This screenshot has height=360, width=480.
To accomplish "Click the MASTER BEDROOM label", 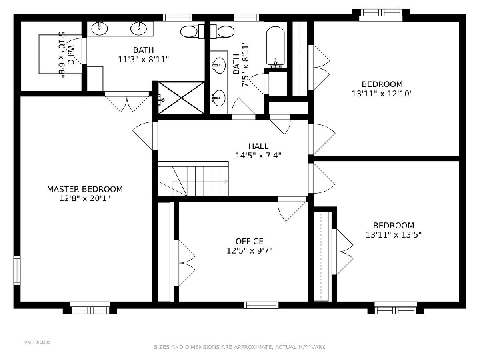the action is point(85,189).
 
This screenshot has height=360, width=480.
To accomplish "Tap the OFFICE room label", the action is point(249,241).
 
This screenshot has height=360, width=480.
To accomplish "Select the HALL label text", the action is point(258,146).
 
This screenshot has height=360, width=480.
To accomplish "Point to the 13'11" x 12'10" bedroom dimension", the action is point(382,94).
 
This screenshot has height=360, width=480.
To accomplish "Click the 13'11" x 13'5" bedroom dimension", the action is point(394,235).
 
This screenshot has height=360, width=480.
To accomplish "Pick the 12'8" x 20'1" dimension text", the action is point(85,198).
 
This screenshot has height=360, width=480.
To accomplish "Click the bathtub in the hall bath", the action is point(276,47).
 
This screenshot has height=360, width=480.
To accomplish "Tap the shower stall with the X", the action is point(181,98).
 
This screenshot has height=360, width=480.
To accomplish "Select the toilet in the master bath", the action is point(192,32).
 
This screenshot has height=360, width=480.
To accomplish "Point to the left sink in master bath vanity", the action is point(100,28).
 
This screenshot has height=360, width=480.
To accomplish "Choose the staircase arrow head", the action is point(226,182).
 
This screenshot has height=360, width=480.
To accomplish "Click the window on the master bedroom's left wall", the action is point(17,270).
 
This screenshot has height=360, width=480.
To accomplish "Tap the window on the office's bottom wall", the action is point(261,305).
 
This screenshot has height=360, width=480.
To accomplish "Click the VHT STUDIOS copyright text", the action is point(37,342).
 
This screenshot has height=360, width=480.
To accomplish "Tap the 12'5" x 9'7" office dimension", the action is point(249,250).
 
